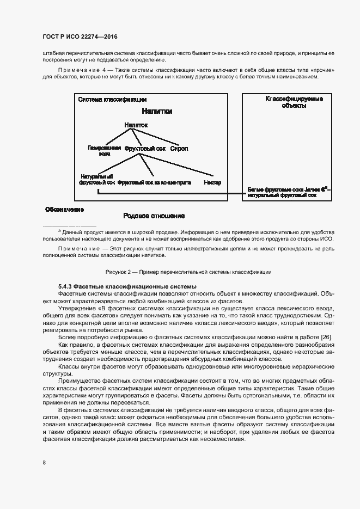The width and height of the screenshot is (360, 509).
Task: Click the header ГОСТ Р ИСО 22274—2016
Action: [x=80, y=36]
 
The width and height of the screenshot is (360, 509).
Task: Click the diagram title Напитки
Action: [x=157, y=111]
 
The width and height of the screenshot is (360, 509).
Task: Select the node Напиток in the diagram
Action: [x=136, y=125]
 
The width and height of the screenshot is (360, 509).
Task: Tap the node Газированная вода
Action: [x=104, y=150]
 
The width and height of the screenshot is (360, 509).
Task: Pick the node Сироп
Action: [x=179, y=148]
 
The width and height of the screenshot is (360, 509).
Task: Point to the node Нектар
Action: [x=212, y=182]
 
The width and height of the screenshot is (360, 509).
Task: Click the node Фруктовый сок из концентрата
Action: [x=154, y=182]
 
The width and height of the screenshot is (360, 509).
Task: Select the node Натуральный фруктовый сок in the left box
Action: [x=97, y=180]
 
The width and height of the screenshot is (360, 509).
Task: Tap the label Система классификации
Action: [x=112, y=100]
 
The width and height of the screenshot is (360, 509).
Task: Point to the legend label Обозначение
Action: [x=64, y=209]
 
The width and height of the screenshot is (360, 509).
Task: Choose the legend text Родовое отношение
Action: [x=154, y=216]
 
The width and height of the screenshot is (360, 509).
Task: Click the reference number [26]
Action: [x=327, y=338]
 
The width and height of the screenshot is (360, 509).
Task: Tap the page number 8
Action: [x=44, y=462]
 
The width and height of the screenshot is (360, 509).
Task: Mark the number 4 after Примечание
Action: [x=103, y=71]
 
